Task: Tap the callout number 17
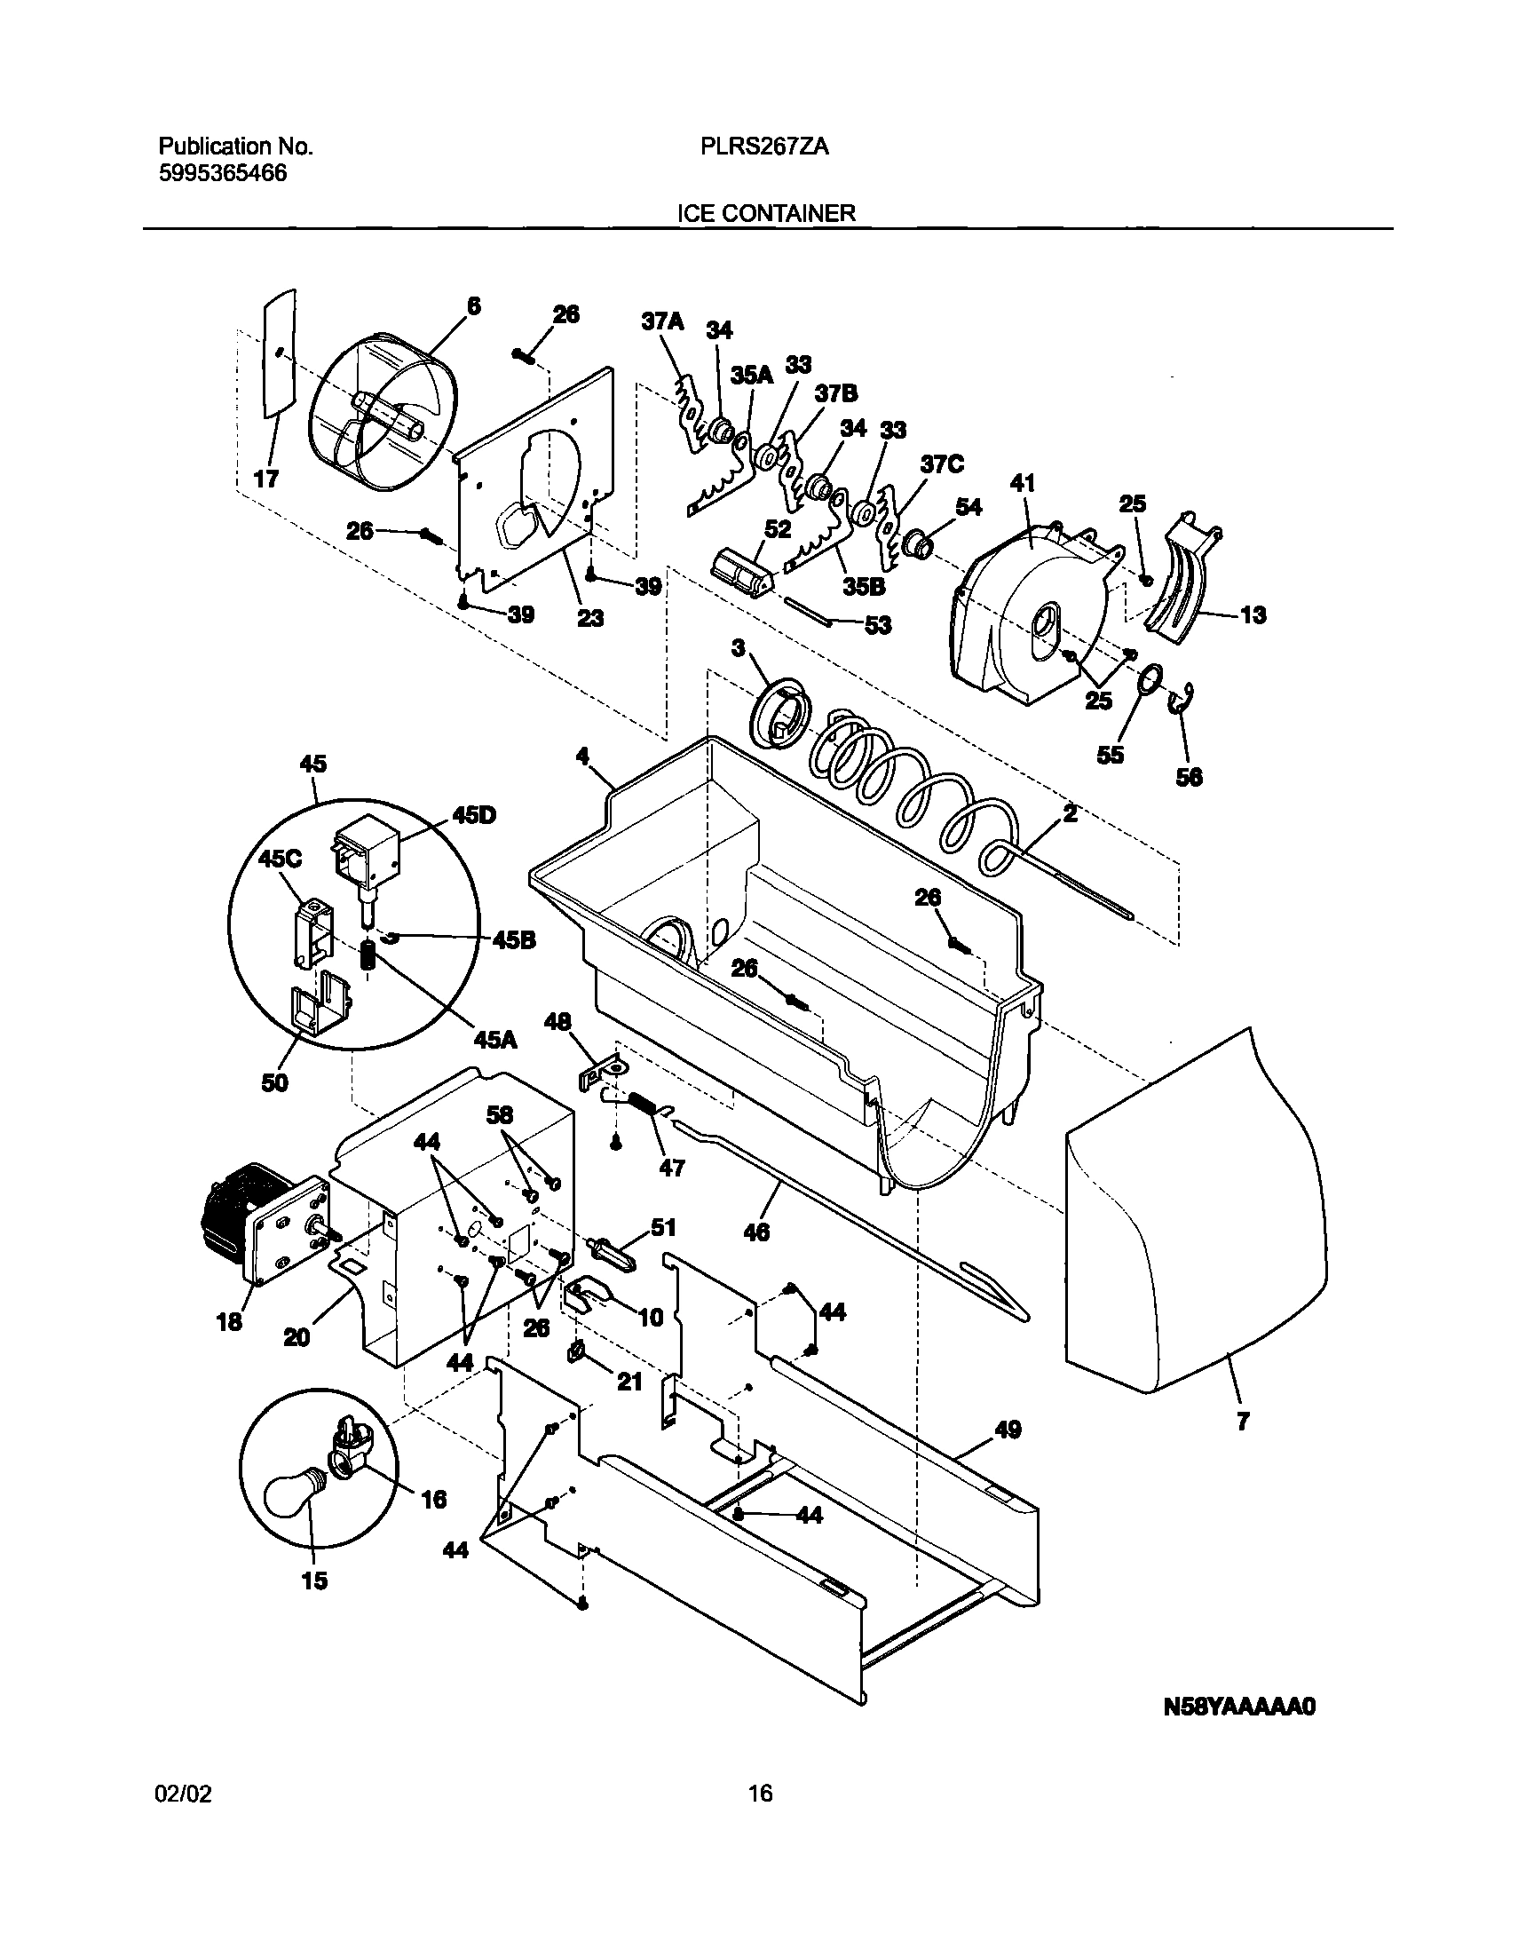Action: click(266, 479)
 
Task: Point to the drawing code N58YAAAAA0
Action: click(1238, 1707)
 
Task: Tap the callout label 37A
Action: click(662, 321)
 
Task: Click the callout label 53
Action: click(877, 625)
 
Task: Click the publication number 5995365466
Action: click(223, 172)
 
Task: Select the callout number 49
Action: click(1008, 1430)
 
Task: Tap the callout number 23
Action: click(590, 618)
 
